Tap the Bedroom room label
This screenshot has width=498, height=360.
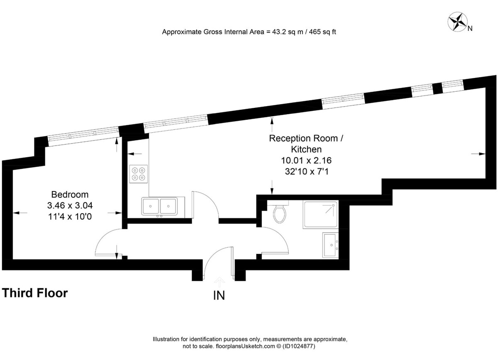click(70, 195)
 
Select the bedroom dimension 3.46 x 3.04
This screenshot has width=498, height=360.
click(70, 205)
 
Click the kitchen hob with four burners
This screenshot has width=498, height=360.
click(139, 174)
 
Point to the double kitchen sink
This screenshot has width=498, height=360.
click(159, 206)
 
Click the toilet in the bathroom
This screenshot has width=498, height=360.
click(279, 213)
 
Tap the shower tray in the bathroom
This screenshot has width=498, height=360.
click(320, 214)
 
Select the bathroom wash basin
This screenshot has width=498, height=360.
click(330, 245)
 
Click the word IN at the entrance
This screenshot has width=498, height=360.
click(219, 296)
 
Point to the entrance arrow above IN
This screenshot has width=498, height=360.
click(220, 281)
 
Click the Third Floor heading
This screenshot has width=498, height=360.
click(35, 293)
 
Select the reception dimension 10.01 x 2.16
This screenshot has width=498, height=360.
click(306, 160)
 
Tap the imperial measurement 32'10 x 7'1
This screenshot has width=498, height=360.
click(307, 172)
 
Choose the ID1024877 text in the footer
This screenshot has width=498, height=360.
click(299, 346)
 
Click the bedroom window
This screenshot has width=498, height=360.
click(83, 136)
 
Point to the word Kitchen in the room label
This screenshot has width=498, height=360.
click(306, 149)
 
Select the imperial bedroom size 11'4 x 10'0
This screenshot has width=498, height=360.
click(70, 216)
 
